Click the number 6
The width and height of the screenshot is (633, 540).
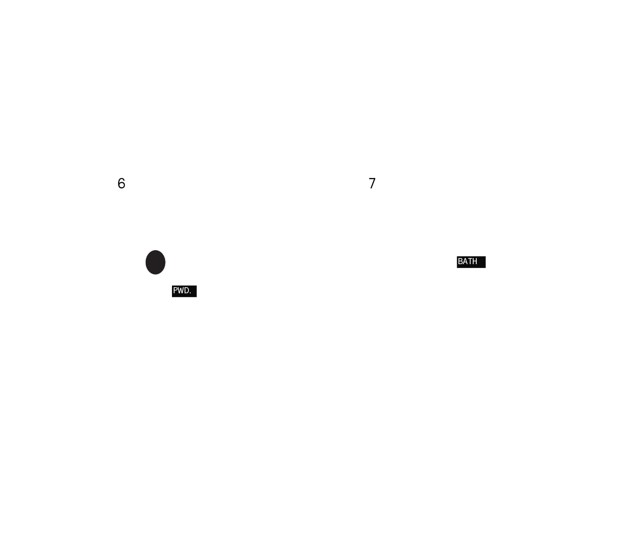tap(121, 183)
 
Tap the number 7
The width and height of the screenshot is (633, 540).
tap(372, 183)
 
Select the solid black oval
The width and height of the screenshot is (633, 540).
tap(155, 262)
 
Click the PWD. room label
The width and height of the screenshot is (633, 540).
tap(184, 291)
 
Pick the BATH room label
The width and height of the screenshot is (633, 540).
tap(471, 262)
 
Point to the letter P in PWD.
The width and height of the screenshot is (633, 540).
tap(175, 291)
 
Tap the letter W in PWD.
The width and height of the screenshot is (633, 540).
tap(180, 291)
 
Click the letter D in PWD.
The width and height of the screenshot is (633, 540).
tap(186, 291)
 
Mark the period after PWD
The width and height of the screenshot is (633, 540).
tap(190, 293)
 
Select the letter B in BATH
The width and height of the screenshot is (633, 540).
tap(460, 262)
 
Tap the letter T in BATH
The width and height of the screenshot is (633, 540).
tap(469, 262)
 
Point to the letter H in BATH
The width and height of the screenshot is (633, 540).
tap(475, 262)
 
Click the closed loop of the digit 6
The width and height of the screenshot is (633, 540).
tap(121, 185)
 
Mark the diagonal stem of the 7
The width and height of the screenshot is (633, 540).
tap(372, 184)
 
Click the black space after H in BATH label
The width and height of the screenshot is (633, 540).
tap(481, 262)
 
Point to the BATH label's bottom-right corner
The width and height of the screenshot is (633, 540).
tap(486, 268)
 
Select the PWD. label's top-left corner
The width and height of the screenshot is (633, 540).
tap(172, 285)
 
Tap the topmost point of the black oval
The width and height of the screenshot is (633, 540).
tap(155, 250)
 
